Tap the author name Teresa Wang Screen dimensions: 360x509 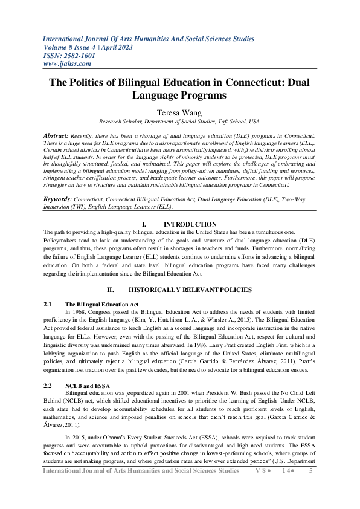click(x=179, y=112)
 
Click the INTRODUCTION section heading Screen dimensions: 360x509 click(x=190, y=224)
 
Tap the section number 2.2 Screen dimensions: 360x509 click(x=49, y=385)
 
